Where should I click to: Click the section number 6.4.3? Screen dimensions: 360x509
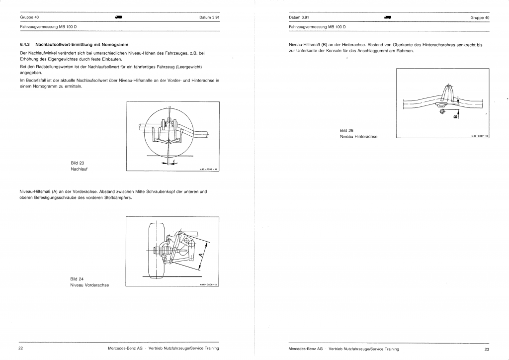click(x=24, y=44)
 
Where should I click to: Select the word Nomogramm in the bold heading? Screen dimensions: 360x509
click(x=114, y=44)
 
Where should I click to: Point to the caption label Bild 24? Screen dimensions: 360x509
click(x=77, y=278)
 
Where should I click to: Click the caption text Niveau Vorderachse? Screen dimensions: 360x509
click(x=89, y=285)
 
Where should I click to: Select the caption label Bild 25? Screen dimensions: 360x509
click(x=346, y=130)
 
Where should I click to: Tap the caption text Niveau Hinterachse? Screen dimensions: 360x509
click(x=358, y=137)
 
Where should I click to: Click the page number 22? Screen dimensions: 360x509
click(x=21, y=348)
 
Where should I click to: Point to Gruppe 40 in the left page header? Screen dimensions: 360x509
click(x=29, y=17)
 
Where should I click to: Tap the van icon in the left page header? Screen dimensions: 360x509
click(x=118, y=17)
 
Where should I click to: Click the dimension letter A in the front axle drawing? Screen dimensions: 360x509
click(x=200, y=256)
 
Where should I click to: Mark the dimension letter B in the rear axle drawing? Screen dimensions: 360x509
click(x=456, y=117)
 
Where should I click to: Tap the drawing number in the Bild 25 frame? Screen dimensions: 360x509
click(x=480, y=135)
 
